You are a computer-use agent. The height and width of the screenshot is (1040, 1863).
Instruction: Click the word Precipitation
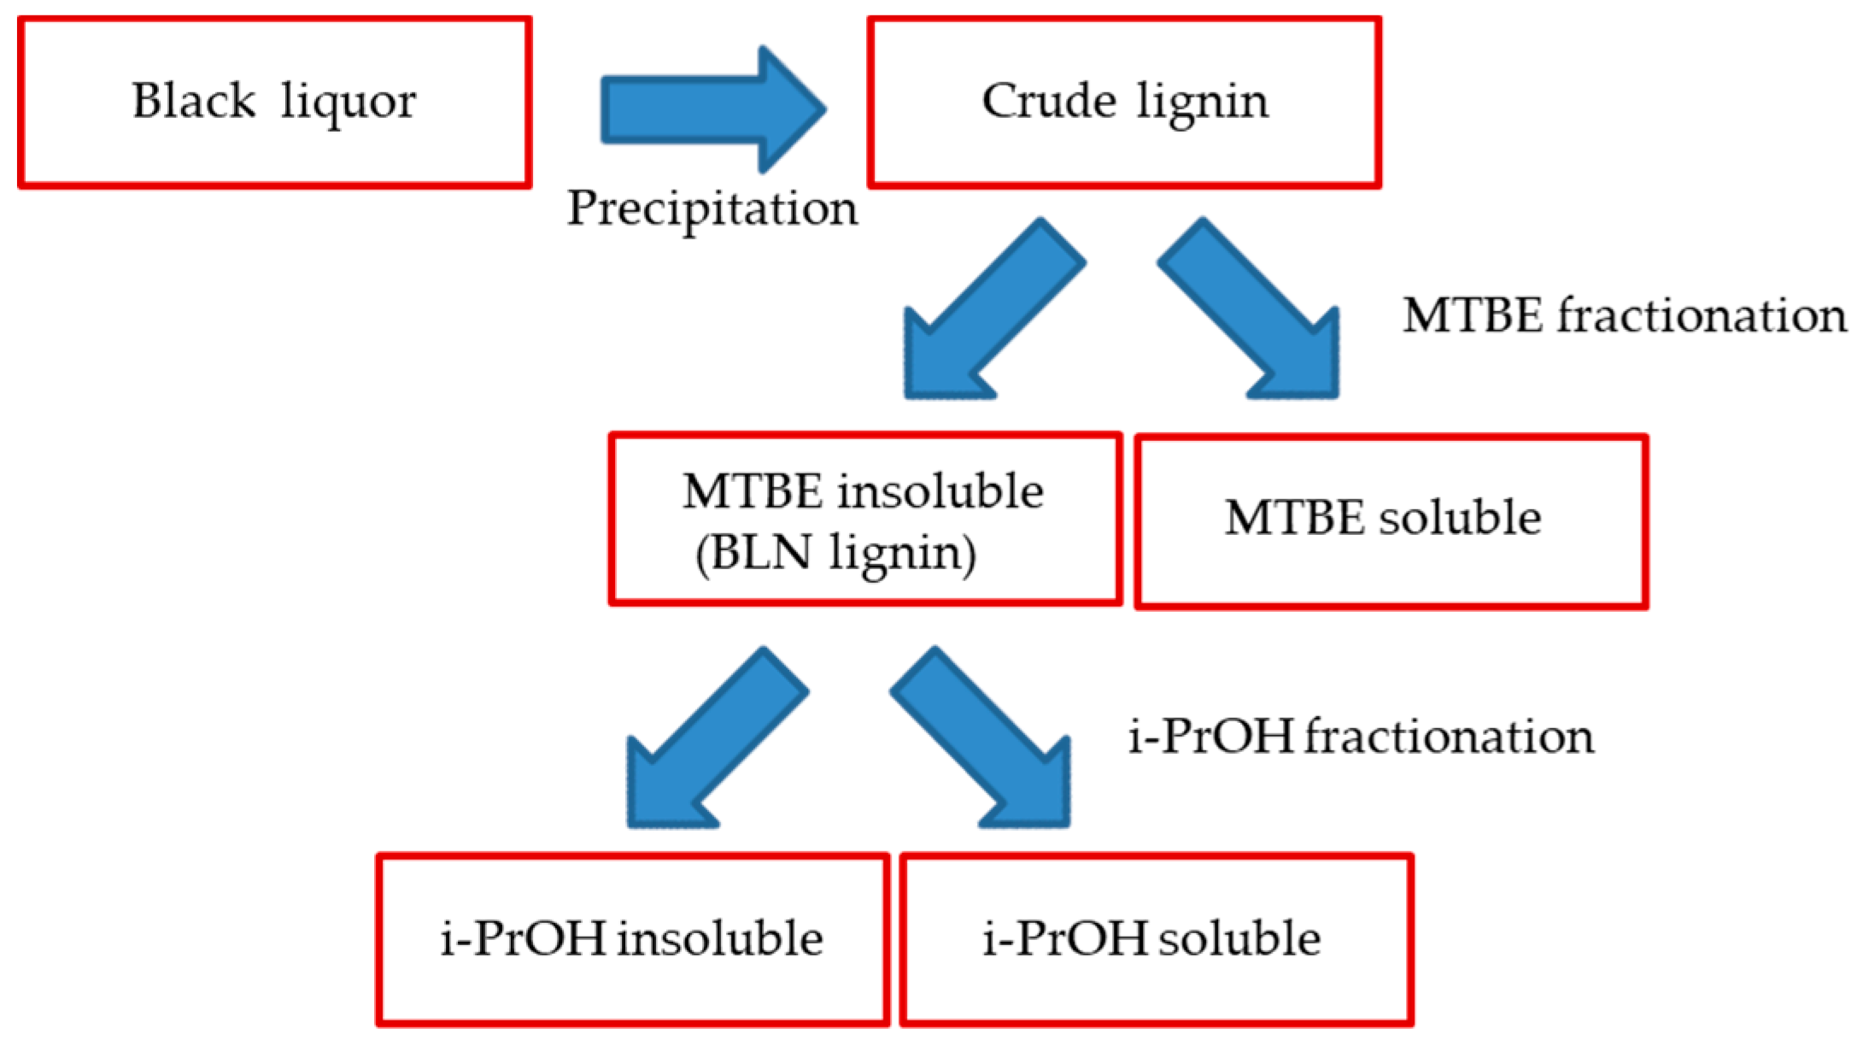[x=712, y=208]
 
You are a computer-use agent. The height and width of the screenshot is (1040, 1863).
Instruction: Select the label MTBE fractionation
[x=1624, y=315]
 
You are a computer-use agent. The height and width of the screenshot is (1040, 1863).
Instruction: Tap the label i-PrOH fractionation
[x=1361, y=736]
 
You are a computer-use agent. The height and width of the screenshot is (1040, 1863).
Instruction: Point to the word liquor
[x=349, y=103]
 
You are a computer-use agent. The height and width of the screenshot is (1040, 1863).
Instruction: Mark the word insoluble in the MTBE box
[x=940, y=491]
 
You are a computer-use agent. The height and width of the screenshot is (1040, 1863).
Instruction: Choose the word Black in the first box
[x=194, y=101]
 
